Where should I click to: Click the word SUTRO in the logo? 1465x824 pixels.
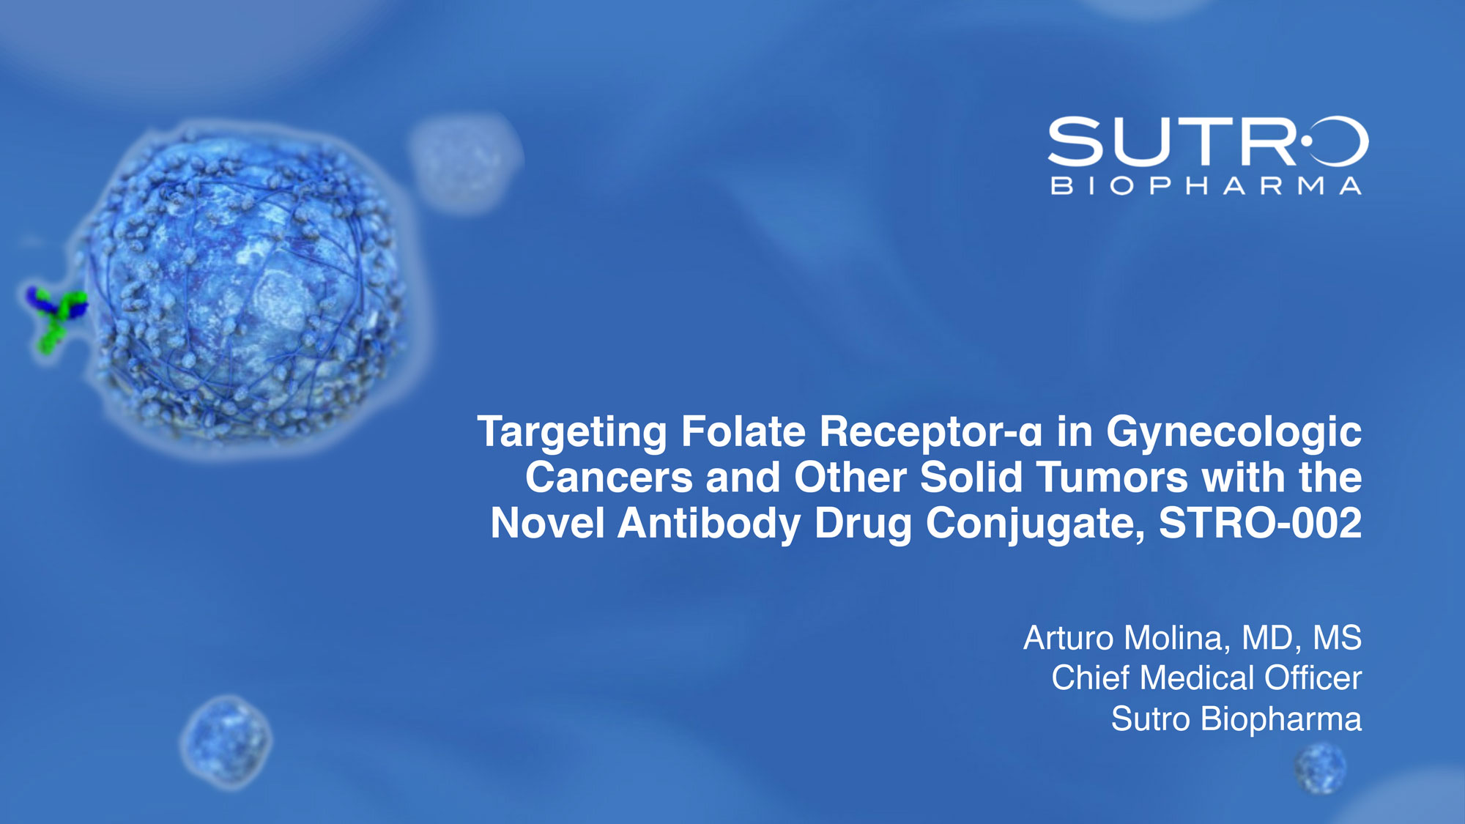[1208, 141]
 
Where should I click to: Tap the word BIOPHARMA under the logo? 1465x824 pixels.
[1206, 186]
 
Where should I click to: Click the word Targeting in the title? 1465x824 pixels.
[572, 432]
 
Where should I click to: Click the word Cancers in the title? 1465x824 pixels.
[609, 478]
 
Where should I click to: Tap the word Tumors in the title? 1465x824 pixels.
[1111, 478]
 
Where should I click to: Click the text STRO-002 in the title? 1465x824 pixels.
[1260, 523]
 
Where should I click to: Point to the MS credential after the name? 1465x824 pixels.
[1337, 638]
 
